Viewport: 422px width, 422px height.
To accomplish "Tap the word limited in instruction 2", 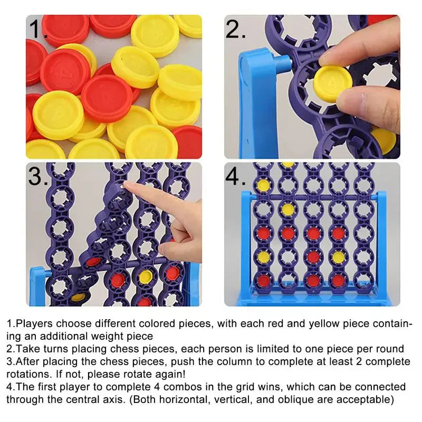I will pyautogui.click(x=275, y=349).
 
